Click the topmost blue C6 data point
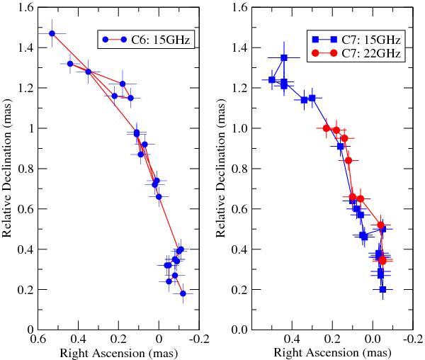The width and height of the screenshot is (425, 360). (x=52, y=33)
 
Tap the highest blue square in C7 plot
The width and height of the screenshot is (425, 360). (x=284, y=57)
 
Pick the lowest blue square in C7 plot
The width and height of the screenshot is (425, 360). (x=383, y=289)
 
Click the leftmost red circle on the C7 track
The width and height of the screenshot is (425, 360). (x=326, y=128)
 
